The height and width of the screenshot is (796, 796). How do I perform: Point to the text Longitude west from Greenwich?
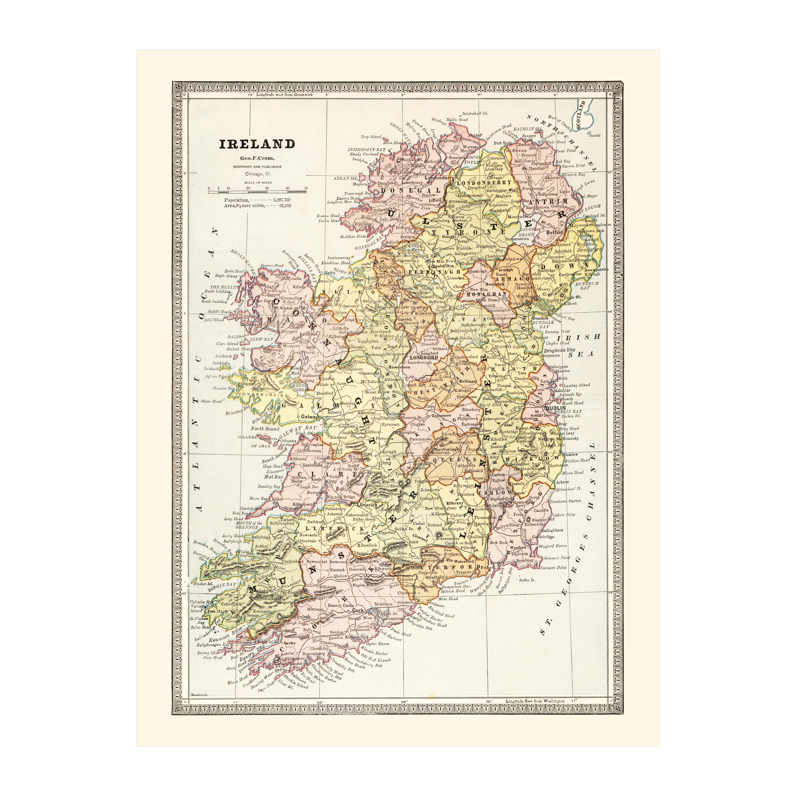(284, 95)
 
